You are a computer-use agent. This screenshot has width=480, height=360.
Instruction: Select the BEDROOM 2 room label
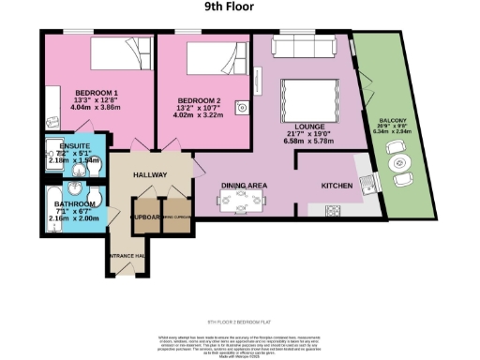click(x=199, y=100)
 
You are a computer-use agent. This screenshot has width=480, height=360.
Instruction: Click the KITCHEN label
click(x=337, y=186)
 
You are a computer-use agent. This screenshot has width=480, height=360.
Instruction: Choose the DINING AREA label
click(x=245, y=186)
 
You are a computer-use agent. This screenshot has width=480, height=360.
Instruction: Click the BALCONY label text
click(x=392, y=123)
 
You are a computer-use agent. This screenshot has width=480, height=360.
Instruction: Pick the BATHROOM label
click(x=73, y=203)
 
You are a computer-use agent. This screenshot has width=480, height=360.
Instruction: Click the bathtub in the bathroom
click(x=52, y=207)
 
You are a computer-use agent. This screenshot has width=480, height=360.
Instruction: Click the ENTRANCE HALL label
click(x=126, y=256)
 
